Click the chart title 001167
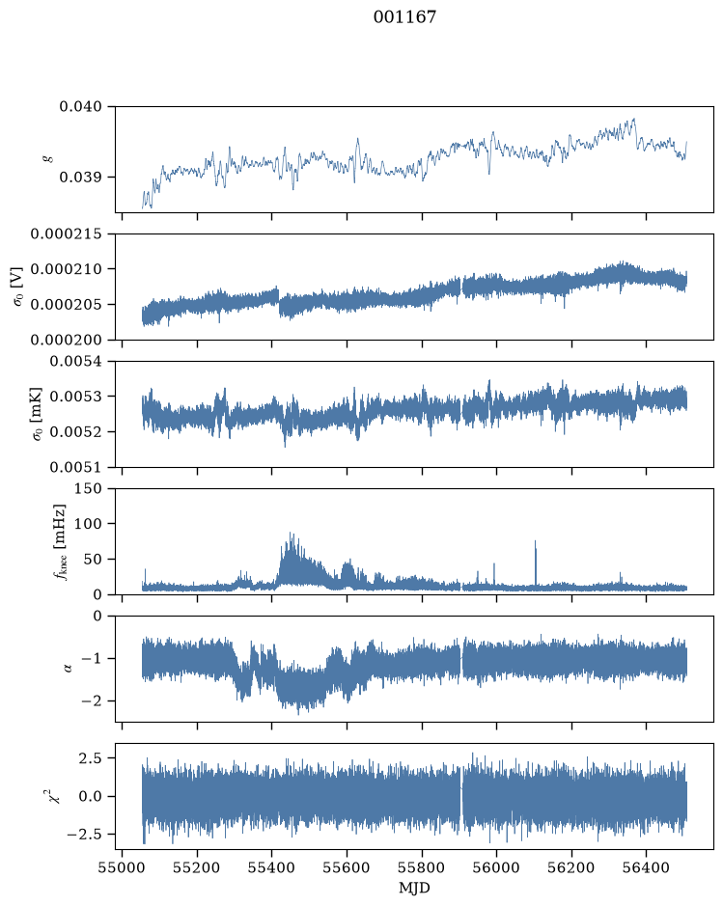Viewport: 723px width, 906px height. coord(404,16)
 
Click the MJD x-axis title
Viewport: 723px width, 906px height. coord(414,888)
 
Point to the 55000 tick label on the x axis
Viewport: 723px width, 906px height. coord(122,867)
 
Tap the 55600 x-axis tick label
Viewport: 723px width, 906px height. coord(347,867)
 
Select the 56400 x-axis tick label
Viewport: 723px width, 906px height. coord(646,867)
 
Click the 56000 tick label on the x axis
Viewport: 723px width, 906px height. coord(496,867)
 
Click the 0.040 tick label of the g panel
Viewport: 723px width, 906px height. coord(80,106)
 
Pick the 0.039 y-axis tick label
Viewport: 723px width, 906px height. coord(80,177)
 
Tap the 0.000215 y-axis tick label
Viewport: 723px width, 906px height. coord(66,234)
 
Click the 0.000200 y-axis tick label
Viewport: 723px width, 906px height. coord(66,340)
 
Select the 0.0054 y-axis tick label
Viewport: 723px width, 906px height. coord(75,361)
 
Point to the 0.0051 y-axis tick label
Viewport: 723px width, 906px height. coord(75,467)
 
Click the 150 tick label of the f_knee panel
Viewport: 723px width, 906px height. coord(88,488)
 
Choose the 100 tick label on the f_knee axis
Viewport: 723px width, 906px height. coord(88,524)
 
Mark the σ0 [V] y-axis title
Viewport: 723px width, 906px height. coord(18,287)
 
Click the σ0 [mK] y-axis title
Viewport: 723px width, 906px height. coord(37,414)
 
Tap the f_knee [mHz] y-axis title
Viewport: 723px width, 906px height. coord(60,541)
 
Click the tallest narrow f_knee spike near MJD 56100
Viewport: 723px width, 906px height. coord(535,563)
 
